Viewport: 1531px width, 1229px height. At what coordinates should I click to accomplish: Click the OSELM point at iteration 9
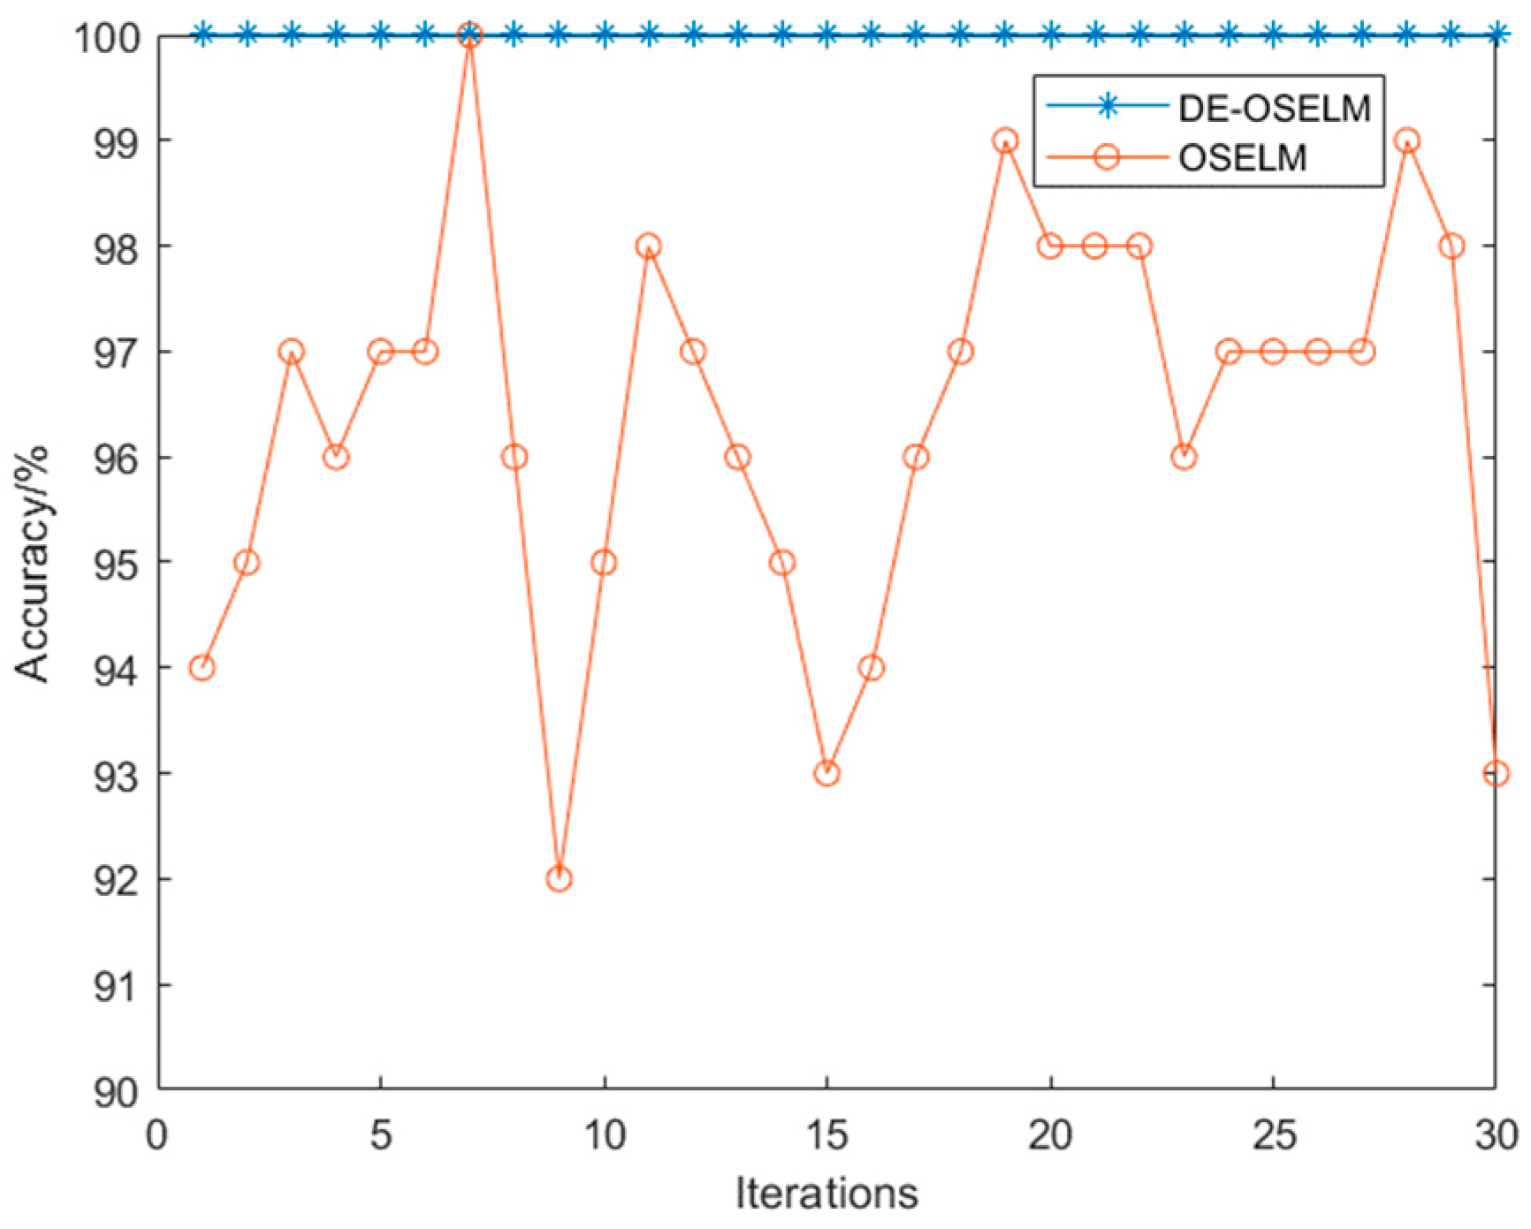[x=559, y=878]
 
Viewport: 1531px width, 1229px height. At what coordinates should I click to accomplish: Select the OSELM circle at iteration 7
[x=469, y=36]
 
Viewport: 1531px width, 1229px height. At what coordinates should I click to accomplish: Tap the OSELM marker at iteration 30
[x=1496, y=773]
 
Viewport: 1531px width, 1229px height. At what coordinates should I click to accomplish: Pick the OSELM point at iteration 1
[x=202, y=667]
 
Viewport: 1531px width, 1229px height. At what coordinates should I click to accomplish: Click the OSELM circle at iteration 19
[x=1005, y=140]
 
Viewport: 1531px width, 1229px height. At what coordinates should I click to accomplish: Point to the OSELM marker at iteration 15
[x=826, y=773]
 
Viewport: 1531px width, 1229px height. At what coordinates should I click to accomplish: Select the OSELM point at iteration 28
[x=1407, y=140]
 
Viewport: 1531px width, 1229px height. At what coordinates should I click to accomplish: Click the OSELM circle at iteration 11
[x=648, y=246]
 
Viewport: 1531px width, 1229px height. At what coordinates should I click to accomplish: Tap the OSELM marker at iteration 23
[x=1184, y=457]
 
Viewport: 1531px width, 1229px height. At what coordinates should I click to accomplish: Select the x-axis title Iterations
[x=826, y=1193]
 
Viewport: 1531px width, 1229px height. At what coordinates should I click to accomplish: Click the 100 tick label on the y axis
[x=106, y=38]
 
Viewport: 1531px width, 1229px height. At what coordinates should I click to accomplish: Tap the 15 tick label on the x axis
[x=826, y=1134]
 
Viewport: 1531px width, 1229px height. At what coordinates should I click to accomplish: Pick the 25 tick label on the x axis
[x=1273, y=1134]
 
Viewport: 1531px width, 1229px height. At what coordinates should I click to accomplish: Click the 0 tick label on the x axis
[x=157, y=1134]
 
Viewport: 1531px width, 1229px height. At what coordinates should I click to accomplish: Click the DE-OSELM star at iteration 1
[x=202, y=35]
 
